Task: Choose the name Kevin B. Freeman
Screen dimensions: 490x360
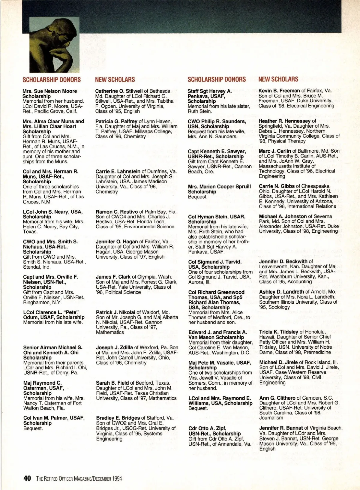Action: coord(279,90)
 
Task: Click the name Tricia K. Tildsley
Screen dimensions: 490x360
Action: coord(279,332)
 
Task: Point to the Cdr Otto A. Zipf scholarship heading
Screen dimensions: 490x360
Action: coord(214,431)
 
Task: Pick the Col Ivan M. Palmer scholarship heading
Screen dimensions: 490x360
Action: coord(54,420)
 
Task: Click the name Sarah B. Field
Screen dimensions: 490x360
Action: coord(112,383)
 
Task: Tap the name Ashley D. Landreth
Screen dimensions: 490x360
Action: coord(281,292)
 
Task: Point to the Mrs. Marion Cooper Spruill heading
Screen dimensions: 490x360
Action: coord(219,189)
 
